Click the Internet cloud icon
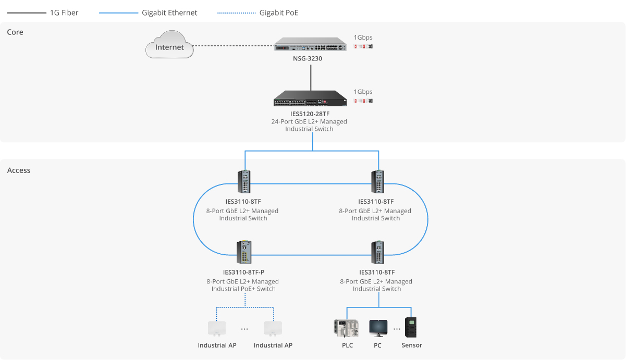pos(169,45)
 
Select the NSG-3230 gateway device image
pos(310,44)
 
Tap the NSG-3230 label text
pos(308,59)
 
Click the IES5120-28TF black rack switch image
pos(310,98)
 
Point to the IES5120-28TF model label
pos(310,114)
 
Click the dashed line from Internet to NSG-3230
pos(234,45)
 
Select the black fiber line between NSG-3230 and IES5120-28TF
pos(311,78)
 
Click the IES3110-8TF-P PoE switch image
pos(244,252)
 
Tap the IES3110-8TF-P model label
pos(244,272)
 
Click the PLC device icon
pos(346,328)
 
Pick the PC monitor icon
pos(378,328)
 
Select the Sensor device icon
pos(411,327)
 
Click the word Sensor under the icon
pos(412,345)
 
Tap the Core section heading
pos(15,32)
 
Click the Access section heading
pos(19,170)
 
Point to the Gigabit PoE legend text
pos(279,13)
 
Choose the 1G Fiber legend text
pos(64,13)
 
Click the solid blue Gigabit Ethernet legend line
pos(119,13)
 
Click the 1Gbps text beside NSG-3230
pos(363,38)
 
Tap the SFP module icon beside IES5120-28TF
pos(363,101)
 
